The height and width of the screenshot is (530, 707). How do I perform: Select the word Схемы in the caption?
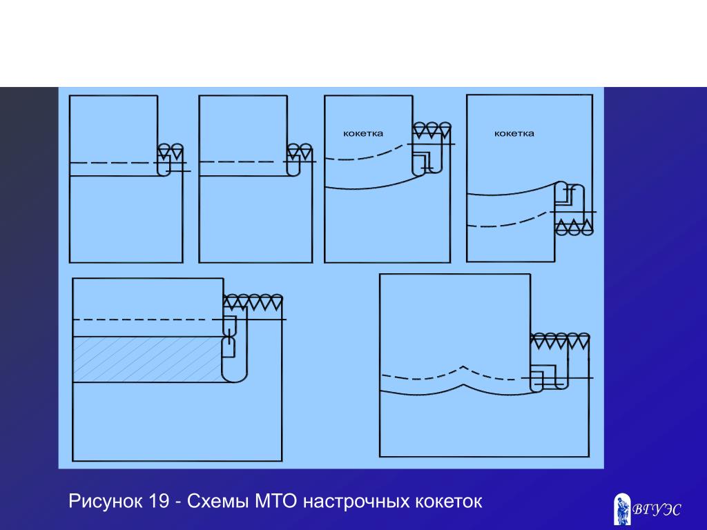(219, 502)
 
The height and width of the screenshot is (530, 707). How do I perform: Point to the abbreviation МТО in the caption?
(275, 502)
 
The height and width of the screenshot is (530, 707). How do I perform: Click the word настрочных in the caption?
(355, 502)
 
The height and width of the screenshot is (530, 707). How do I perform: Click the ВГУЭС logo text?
(657, 510)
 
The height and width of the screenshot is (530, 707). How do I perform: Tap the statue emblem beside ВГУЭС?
(622, 509)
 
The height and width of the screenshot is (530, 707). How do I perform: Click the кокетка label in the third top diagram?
(363, 133)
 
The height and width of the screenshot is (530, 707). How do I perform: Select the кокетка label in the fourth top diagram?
(514, 133)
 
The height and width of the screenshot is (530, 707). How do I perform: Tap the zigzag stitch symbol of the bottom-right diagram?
(560, 340)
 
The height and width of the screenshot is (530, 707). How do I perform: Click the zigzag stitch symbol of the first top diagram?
(171, 150)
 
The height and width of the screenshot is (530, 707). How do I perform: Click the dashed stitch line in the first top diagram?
(110, 163)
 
